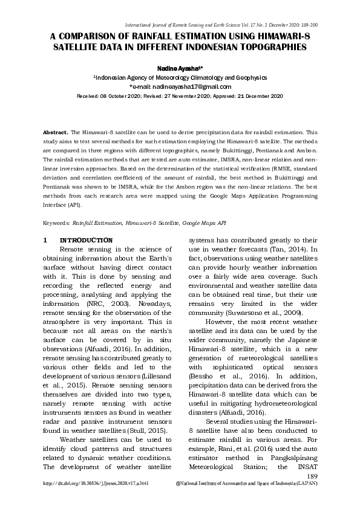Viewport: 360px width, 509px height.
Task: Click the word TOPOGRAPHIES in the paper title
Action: [270, 46]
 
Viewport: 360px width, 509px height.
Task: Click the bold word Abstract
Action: [56, 131]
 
